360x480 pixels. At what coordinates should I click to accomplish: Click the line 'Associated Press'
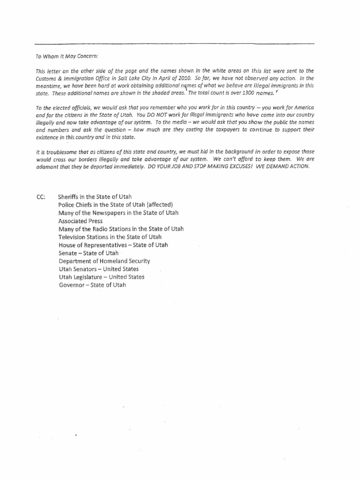pos(81,221)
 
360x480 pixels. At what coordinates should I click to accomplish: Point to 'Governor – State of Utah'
pos(92,285)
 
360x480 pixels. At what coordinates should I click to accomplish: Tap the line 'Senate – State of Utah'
pos(89,253)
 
